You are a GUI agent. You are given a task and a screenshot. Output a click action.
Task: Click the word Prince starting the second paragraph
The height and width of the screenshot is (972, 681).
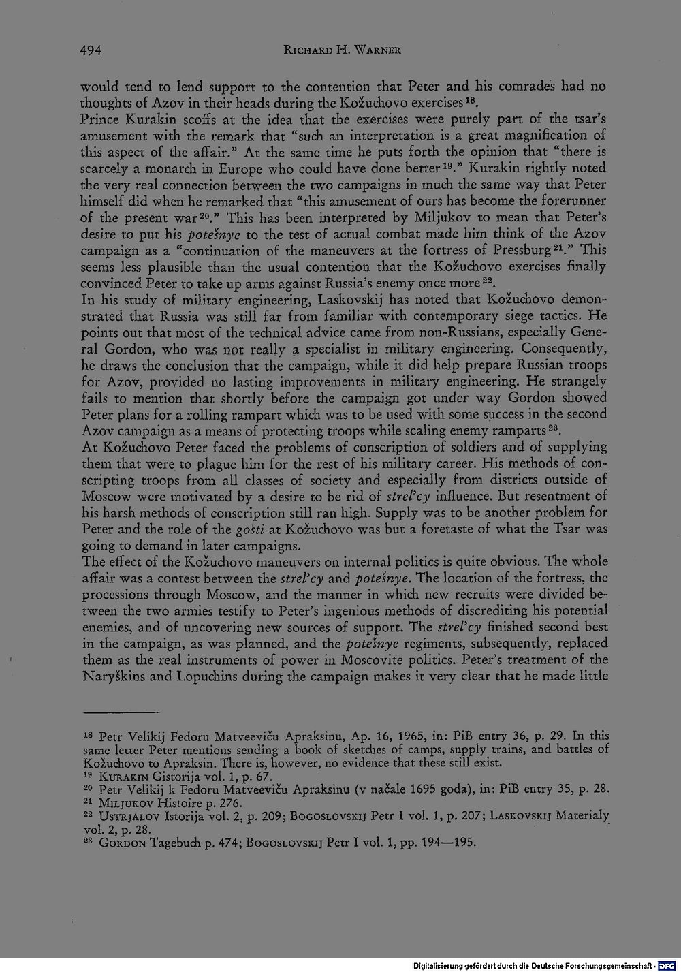(x=99, y=119)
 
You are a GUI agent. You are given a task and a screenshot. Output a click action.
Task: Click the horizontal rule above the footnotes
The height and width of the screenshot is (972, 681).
(x=121, y=710)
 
